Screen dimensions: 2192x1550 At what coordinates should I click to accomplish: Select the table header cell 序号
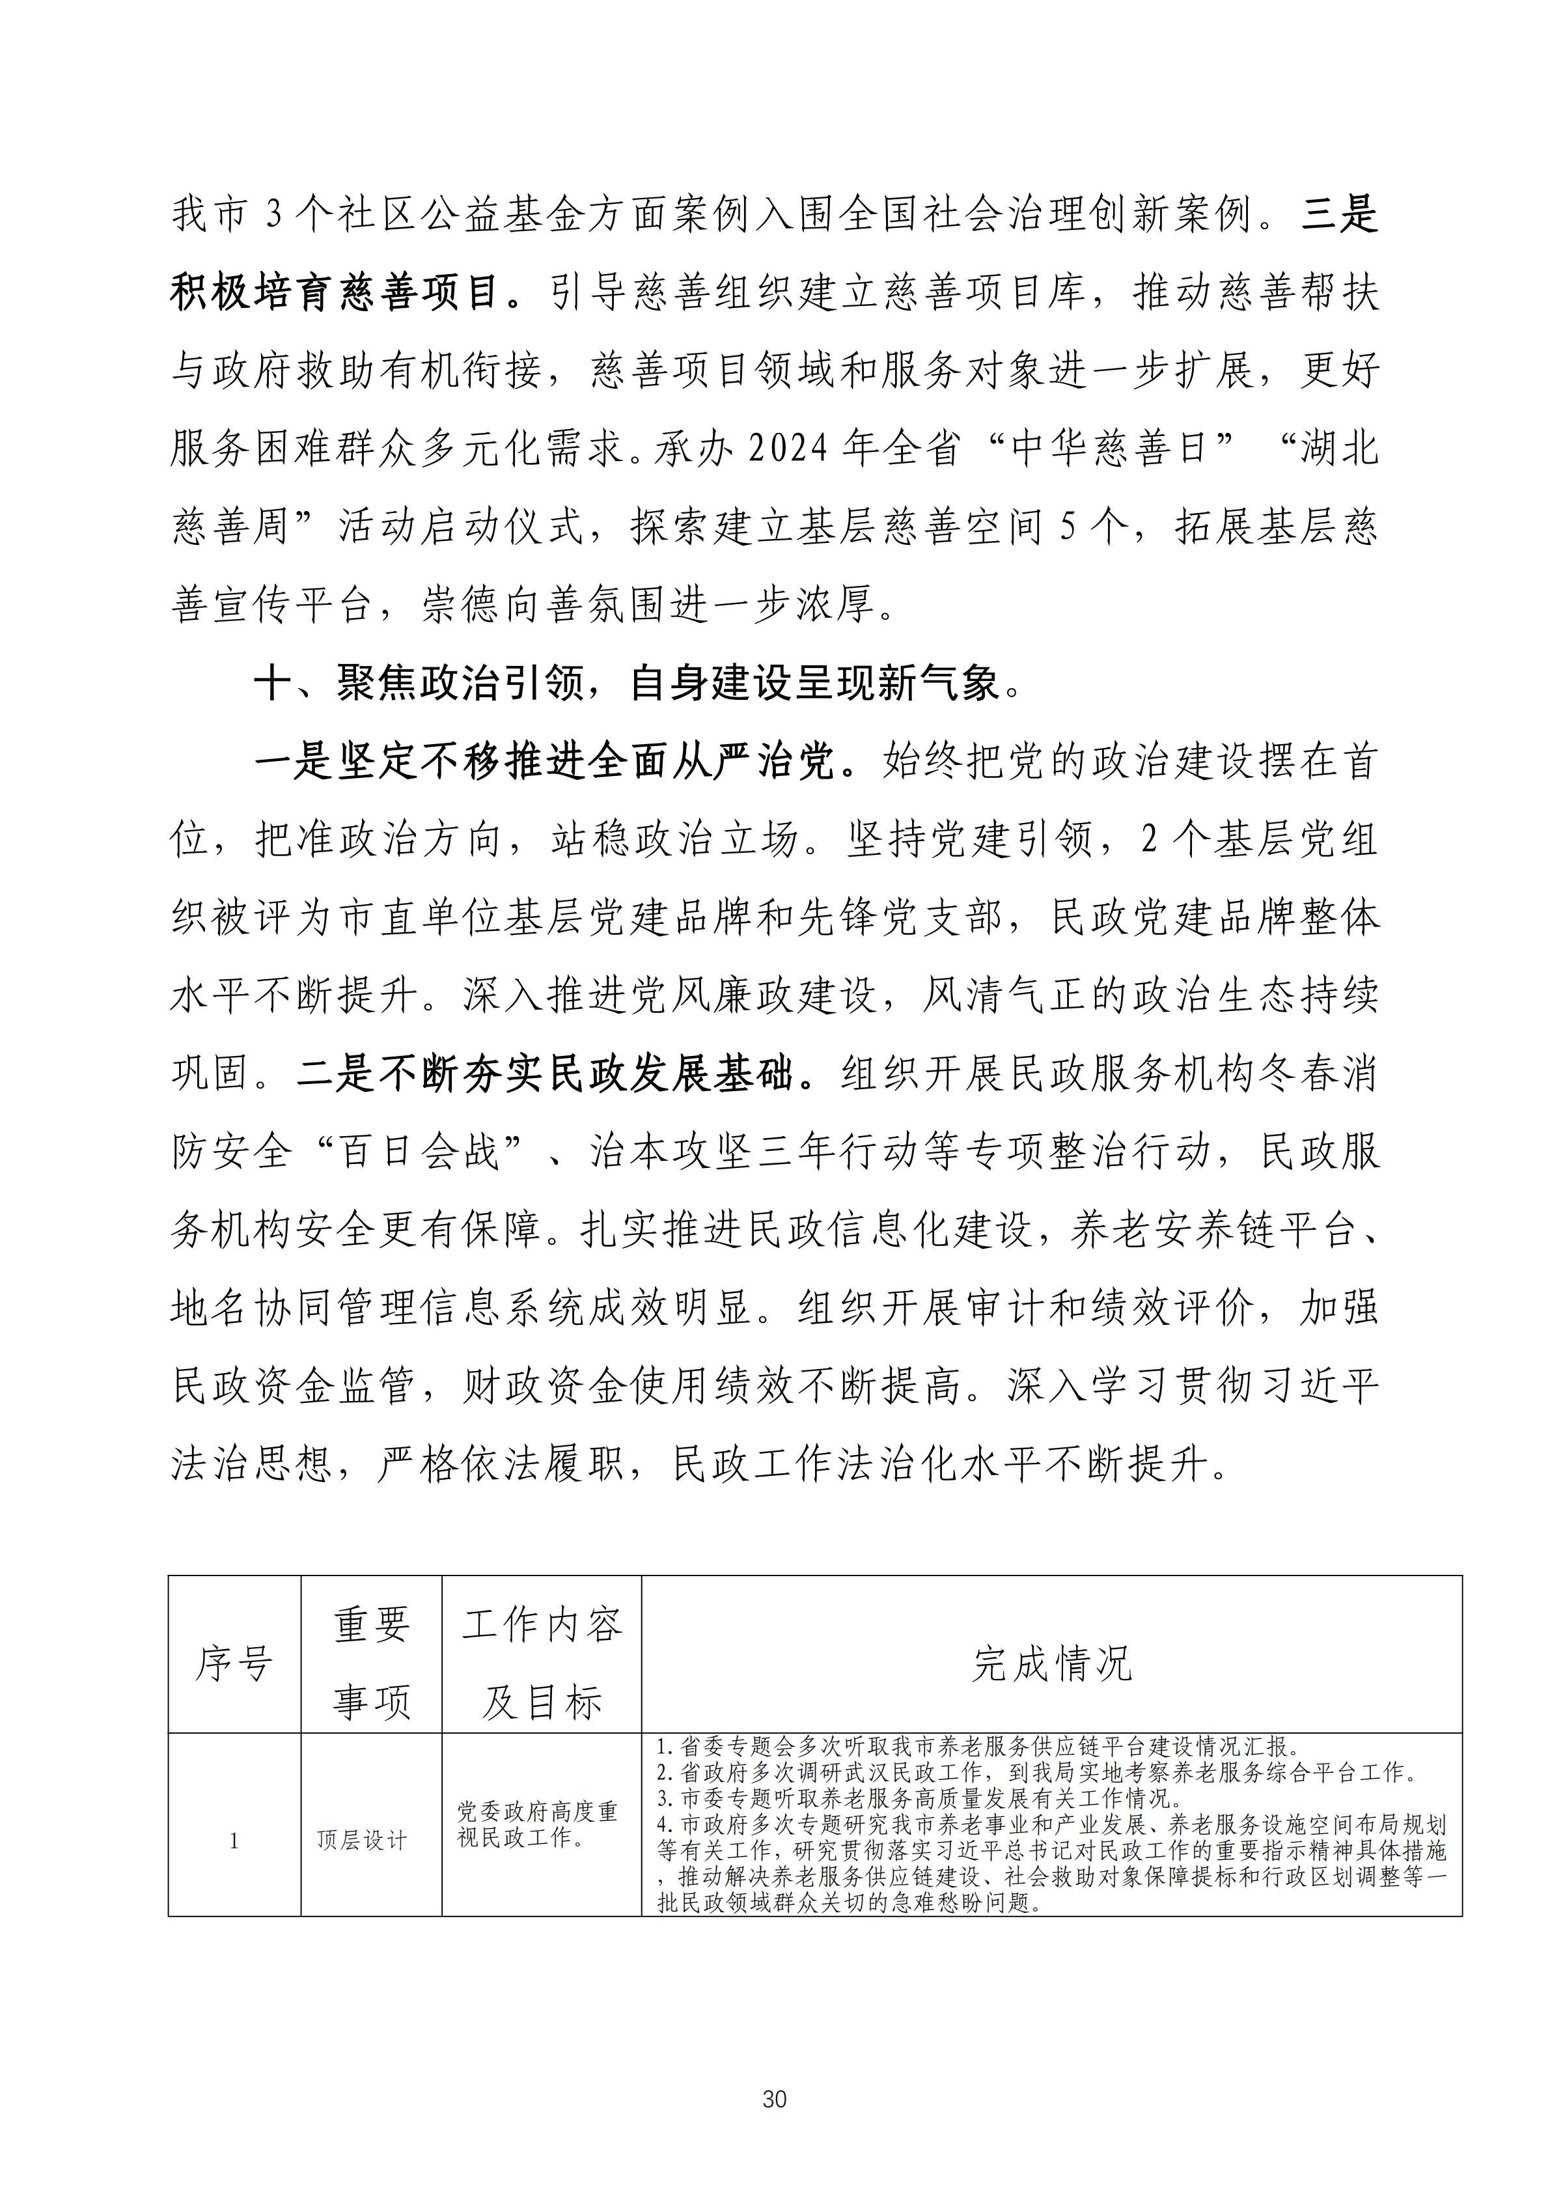[x=234, y=1663]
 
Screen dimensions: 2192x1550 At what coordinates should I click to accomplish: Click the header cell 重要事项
[x=371, y=1663]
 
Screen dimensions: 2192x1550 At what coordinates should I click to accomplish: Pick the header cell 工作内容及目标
[x=541, y=1663]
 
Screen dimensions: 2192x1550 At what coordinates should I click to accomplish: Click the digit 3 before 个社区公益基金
[x=274, y=214]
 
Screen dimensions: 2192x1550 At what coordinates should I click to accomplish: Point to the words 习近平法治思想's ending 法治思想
[x=251, y=1464]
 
